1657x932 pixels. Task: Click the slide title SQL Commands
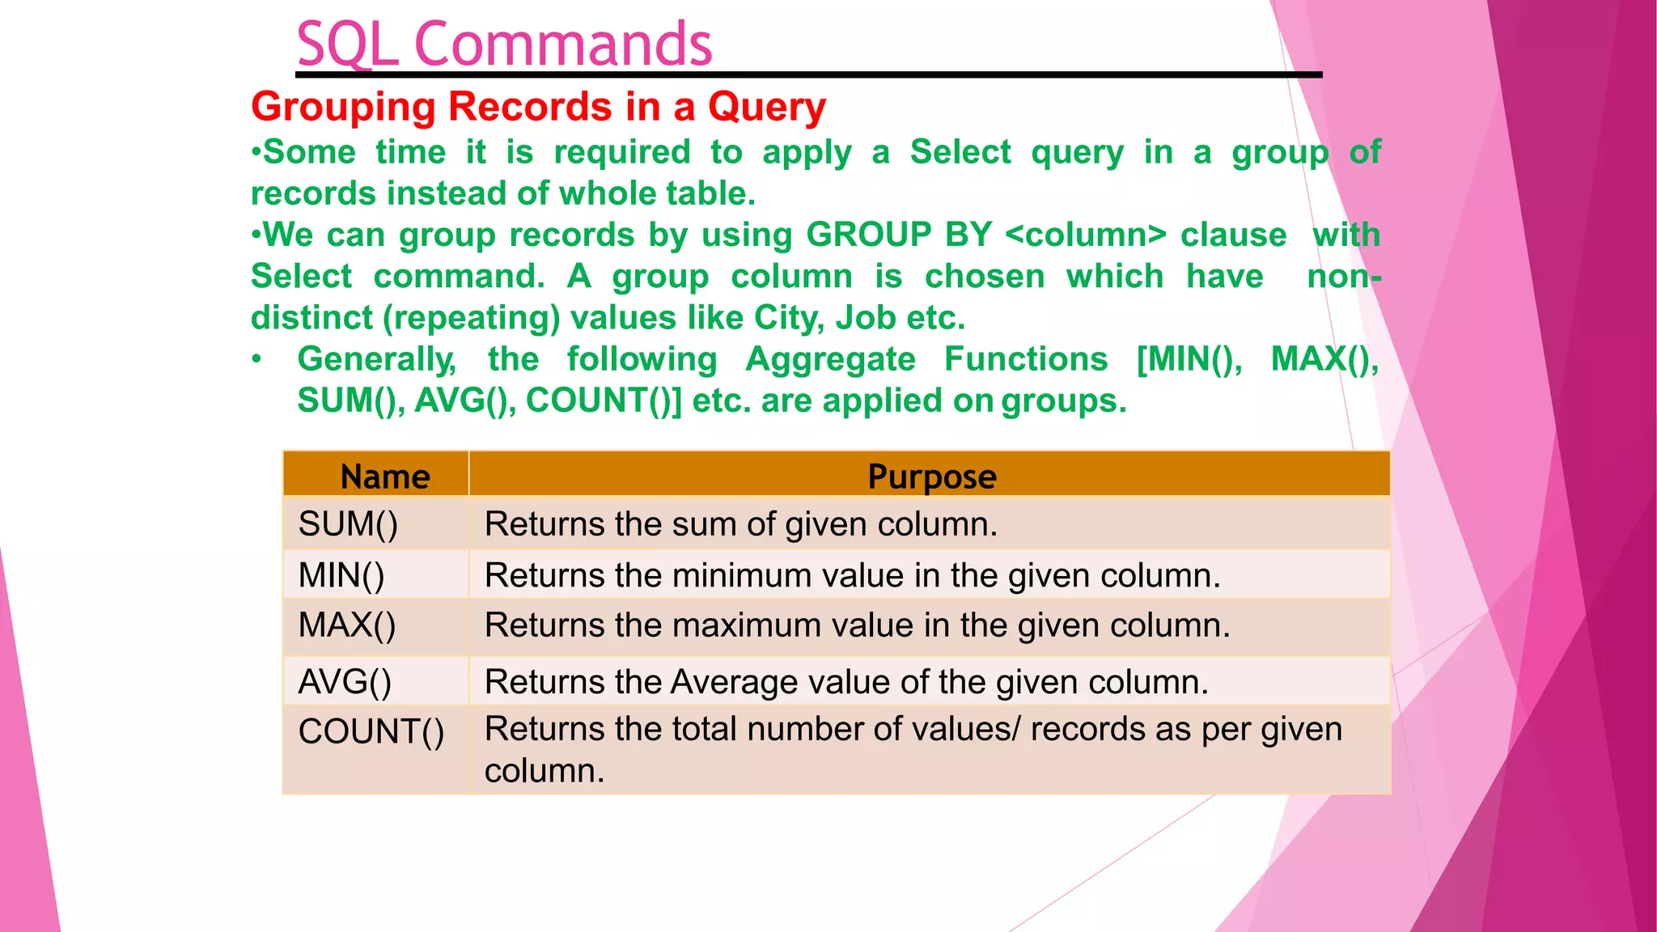[x=504, y=44]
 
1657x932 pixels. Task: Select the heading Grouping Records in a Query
[x=538, y=107]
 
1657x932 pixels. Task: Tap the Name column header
[x=385, y=477]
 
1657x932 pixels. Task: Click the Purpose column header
[x=931, y=477]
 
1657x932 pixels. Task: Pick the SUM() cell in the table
[x=348, y=524]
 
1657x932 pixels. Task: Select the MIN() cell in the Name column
[x=341, y=576]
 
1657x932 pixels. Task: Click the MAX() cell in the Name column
[x=347, y=625]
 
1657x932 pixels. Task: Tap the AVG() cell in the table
[x=345, y=682]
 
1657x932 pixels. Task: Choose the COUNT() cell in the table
[x=371, y=732]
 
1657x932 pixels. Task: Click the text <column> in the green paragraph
[x=1086, y=235]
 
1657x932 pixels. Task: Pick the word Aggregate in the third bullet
[x=830, y=359]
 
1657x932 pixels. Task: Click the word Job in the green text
[x=866, y=318]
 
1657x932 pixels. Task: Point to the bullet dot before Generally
[x=256, y=359]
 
